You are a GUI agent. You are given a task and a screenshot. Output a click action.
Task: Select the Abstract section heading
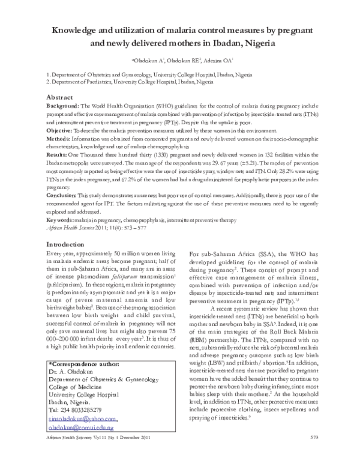coord(63,97)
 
